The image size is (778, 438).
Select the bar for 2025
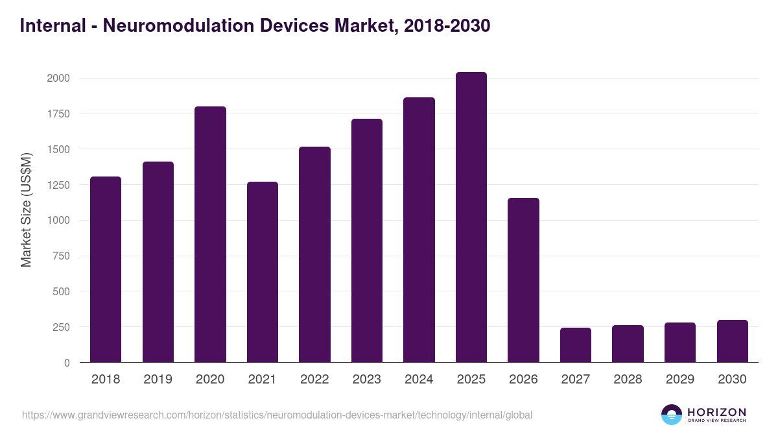[x=471, y=217]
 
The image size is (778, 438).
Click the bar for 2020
[x=210, y=234]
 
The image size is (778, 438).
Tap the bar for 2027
[x=575, y=345]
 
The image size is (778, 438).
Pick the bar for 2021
[x=262, y=272]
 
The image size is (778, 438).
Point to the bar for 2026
[x=523, y=280]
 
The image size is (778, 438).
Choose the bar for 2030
[x=732, y=341]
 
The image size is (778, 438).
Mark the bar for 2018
[x=106, y=269]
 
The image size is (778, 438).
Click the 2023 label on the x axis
[x=366, y=380]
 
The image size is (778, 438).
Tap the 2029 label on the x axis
[x=679, y=380]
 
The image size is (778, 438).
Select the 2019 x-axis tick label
[x=158, y=380]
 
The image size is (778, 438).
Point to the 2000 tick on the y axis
[x=58, y=79]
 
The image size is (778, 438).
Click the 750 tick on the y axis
[x=61, y=256]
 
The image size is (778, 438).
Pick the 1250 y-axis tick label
[x=58, y=185]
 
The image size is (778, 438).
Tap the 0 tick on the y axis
[x=67, y=363]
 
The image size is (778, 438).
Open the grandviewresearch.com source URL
[x=277, y=415]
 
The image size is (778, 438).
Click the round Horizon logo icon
[x=672, y=415]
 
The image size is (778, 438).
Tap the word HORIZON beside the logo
[x=716, y=412]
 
